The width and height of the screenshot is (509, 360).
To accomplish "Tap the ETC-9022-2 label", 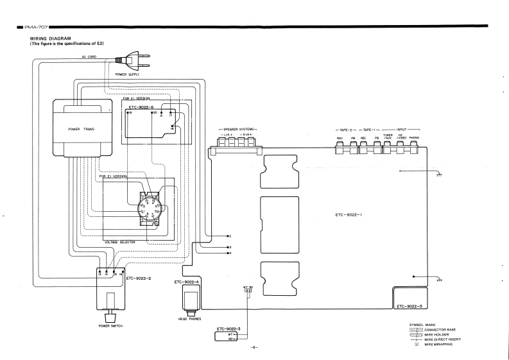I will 139,279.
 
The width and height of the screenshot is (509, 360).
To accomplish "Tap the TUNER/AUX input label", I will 388,137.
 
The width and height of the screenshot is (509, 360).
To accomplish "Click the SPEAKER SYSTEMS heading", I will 237,129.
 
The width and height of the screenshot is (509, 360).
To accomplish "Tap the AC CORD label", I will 89,57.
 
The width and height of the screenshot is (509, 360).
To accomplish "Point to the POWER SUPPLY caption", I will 127,74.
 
